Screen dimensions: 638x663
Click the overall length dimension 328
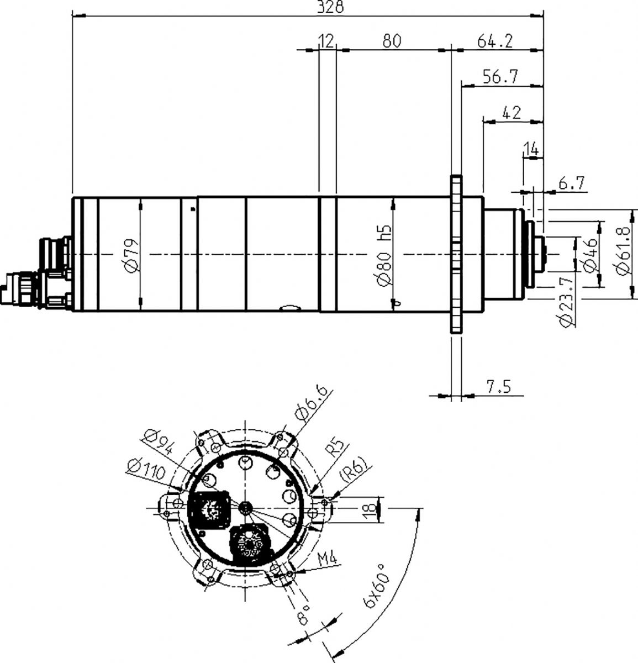(x=330, y=7)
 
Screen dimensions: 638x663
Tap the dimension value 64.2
(x=494, y=41)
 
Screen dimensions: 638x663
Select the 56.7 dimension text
(x=500, y=77)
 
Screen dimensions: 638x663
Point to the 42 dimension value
(x=512, y=112)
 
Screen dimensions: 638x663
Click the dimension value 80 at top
(x=392, y=41)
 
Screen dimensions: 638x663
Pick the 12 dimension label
(x=326, y=41)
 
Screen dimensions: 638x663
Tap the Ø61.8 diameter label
(x=623, y=252)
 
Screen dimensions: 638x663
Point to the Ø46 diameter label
(x=591, y=255)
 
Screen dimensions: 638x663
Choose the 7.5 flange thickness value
(x=499, y=387)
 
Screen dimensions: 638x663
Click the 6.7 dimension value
(x=572, y=183)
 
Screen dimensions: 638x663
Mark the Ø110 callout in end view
(x=146, y=469)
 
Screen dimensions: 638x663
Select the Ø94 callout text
(x=159, y=441)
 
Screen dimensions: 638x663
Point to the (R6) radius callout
(x=355, y=469)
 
